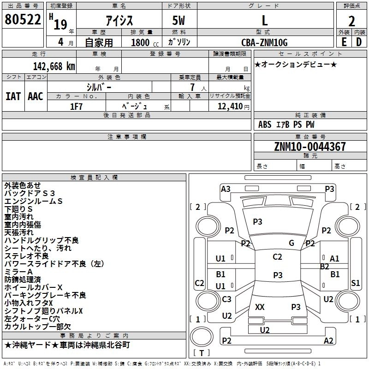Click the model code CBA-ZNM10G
click(x=264, y=42)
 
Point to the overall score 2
click(x=351, y=21)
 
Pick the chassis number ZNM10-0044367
click(x=310, y=147)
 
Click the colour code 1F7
click(x=76, y=106)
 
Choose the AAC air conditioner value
click(x=35, y=96)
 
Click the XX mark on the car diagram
click(x=260, y=307)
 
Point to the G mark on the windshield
click(x=292, y=243)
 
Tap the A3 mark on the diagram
click(x=226, y=189)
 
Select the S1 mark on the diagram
click(x=355, y=283)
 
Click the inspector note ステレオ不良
click(x=26, y=256)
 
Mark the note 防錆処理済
click(x=23, y=280)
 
